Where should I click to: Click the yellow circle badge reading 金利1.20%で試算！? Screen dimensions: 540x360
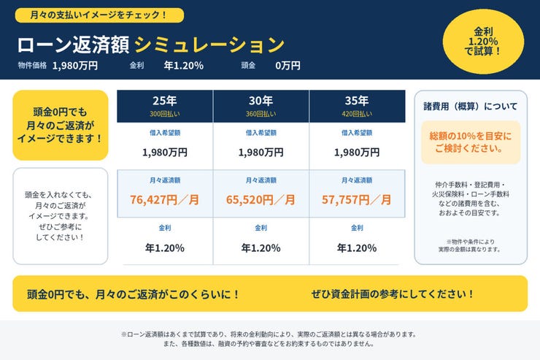(483, 42)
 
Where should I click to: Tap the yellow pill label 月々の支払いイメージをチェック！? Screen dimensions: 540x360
(99, 15)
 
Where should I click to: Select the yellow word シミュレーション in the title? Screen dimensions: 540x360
(209, 45)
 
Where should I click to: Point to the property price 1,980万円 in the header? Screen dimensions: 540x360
(75, 66)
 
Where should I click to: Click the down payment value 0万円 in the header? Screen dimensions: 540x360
(288, 66)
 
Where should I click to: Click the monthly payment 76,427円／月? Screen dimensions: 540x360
(165, 199)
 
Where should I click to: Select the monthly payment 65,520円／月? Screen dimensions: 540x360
(261, 199)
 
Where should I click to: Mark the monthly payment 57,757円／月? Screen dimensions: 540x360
(357, 199)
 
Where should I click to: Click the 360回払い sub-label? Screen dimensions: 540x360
(261, 114)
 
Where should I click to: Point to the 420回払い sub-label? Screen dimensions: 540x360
(357, 114)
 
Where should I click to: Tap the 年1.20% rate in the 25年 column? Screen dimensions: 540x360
(165, 248)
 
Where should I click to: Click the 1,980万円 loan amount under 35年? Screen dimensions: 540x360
(357, 152)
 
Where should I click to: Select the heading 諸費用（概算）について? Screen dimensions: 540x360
(471, 106)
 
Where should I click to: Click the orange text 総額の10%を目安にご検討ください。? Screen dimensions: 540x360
(471, 142)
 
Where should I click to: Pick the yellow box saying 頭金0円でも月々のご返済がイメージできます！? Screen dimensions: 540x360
(61, 125)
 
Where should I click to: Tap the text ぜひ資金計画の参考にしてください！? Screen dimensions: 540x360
(393, 294)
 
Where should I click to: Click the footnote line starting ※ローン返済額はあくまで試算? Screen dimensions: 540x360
(269, 334)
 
